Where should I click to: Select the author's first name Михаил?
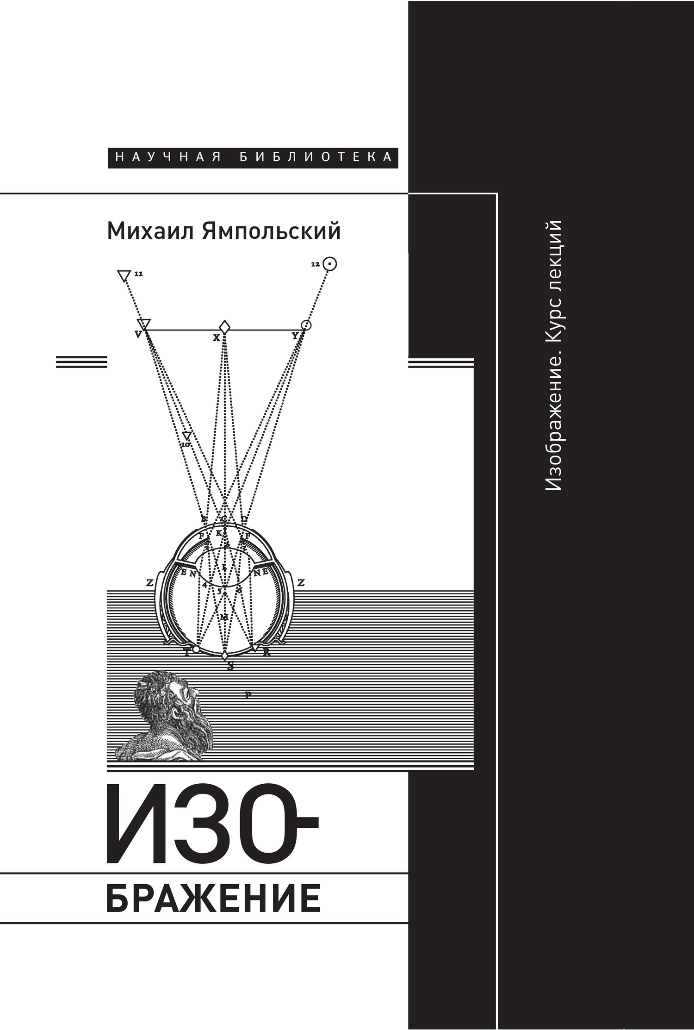[149, 231]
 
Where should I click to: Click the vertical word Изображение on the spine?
[553, 417]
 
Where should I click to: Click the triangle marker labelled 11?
[124, 276]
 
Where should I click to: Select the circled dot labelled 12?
[329, 264]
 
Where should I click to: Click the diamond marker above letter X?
[224, 326]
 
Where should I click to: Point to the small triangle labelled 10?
[186, 436]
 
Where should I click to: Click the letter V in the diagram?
[138, 334]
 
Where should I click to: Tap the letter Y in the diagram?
[295, 336]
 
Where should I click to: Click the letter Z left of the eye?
[149, 583]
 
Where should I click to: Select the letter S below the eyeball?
[230, 667]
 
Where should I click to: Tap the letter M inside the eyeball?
[224, 617]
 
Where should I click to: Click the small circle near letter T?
[196, 649]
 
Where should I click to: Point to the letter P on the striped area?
[248, 694]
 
